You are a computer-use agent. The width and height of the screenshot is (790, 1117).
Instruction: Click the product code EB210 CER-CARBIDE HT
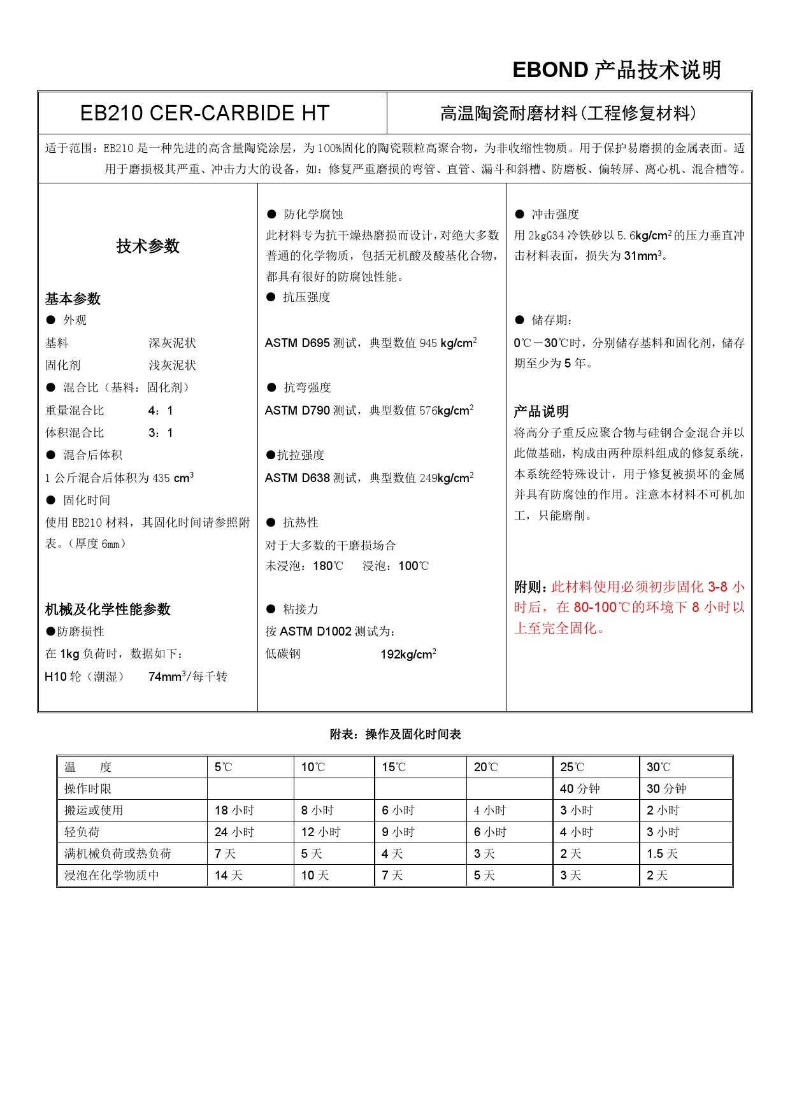pos(205,113)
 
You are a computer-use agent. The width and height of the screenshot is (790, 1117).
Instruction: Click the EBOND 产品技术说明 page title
pos(616,70)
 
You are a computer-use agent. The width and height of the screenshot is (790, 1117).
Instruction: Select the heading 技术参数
pos(148,246)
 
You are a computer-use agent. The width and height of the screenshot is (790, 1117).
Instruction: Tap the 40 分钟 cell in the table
pos(580,789)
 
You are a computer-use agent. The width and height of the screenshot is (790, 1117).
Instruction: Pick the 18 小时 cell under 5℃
pos(234,811)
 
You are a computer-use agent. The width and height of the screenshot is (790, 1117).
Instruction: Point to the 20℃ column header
pos(485,767)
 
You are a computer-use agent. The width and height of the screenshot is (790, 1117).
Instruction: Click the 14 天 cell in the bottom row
pos(229,876)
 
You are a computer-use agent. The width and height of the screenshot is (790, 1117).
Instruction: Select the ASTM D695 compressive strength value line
pos(371,343)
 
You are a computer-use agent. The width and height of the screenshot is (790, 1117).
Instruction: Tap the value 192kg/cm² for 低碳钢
pos(408,654)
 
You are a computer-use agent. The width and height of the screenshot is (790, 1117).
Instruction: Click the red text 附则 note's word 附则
pos(529,587)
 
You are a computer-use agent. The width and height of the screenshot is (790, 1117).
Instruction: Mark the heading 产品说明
pos(541,411)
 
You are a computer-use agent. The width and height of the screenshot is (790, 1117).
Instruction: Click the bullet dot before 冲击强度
pos(520,215)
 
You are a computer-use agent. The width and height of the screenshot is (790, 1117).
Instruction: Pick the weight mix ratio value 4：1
pos(161,411)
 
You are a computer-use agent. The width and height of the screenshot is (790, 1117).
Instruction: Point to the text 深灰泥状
pos(172,343)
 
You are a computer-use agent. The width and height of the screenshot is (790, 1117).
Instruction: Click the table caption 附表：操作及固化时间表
pos(395,734)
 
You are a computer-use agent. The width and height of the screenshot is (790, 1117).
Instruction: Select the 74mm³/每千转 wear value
pos(187,677)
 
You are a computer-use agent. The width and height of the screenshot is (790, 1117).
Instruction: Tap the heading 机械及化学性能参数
pos(108,609)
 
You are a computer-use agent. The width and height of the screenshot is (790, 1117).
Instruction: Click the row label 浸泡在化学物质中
pos(111,876)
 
